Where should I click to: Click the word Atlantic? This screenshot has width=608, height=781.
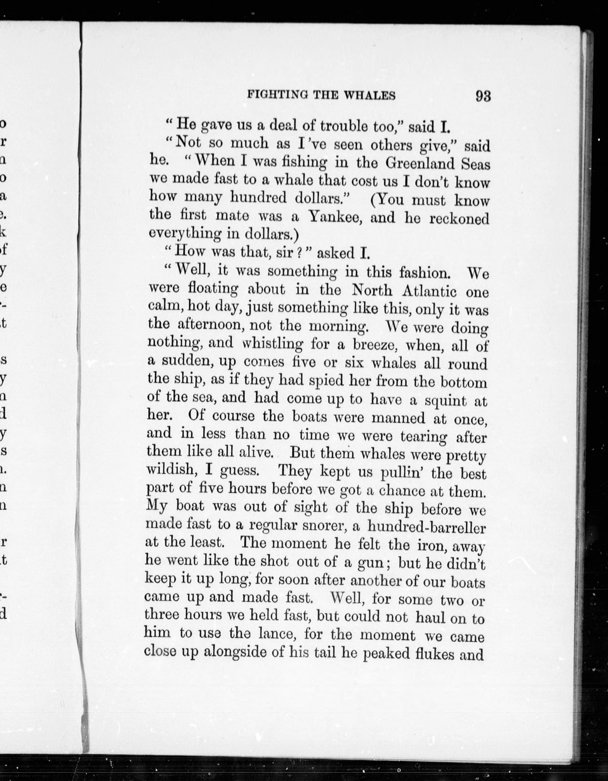point(430,291)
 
